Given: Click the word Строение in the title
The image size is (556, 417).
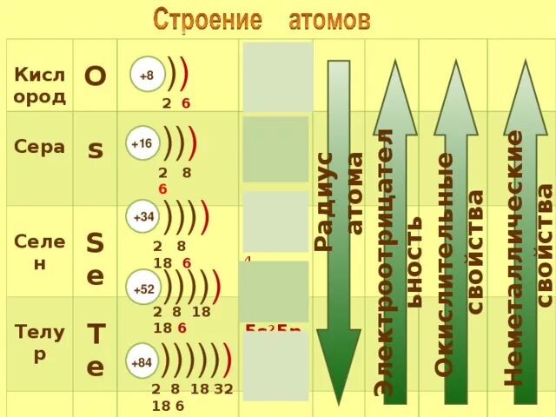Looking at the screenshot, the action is pyautogui.click(x=208, y=18).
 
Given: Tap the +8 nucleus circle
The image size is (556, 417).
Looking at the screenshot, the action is pyautogui.click(x=146, y=76).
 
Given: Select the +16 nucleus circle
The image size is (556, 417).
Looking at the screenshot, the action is pyautogui.click(x=142, y=143).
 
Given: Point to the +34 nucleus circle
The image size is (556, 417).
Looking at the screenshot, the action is pyautogui.click(x=142, y=215).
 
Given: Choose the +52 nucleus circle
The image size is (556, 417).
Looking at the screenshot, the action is pyautogui.click(x=142, y=288).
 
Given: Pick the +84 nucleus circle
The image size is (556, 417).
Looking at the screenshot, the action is pyautogui.click(x=141, y=361).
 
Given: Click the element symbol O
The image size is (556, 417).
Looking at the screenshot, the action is pyautogui.click(x=95, y=77).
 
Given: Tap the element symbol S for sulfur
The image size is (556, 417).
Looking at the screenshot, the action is pyautogui.click(x=96, y=149).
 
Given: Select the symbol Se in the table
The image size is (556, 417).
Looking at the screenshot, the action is pyautogui.click(x=95, y=258).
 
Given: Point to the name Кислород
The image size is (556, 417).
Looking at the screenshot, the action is pyautogui.click(x=40, y=85).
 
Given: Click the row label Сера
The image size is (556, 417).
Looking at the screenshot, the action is pyautogui.click(x=40, y=147).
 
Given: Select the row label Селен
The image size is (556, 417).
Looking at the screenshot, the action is pyautogui.click(x=40, y=251).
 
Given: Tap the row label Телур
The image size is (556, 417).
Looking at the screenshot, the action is pyautogui.click(x=40, y=341).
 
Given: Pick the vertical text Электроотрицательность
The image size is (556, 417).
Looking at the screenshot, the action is pyautogui.click(x=399, y=261).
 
